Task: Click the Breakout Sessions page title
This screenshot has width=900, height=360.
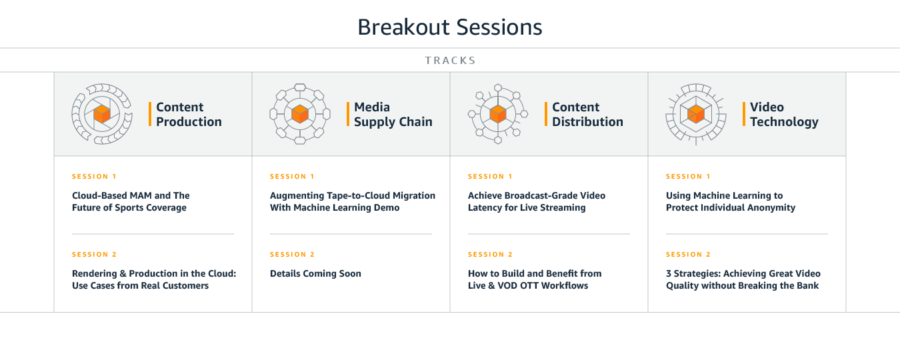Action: (x=450, y=27)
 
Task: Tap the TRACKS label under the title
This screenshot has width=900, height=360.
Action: (x=451, y=60)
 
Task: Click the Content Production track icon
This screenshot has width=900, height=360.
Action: (x=102, y=114)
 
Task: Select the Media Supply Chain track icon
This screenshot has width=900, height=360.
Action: (x=300, y=114)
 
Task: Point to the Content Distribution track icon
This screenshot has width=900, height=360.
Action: (x=498, y=114)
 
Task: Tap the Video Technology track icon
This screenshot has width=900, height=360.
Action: (x=696, y=114)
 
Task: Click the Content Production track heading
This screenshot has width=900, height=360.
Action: (x=189, y=115)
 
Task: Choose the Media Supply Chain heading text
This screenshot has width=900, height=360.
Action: (x=393, y=115)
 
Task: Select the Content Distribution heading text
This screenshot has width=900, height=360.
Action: (x=587, y=115)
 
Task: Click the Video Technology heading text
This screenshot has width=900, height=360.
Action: (x=784, y=115)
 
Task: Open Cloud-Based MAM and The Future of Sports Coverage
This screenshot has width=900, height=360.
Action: (x=131, y=201)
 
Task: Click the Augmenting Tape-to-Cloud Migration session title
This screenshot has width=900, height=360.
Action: (x=353, y=201)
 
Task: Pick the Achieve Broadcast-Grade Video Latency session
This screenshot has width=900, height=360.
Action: (x=537, y=201)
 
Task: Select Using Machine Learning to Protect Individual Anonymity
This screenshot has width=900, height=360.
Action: (x=731, y=201)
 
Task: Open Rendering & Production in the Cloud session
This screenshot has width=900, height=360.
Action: (x=154, y=279)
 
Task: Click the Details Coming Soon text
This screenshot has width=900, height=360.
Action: (x=315, y=273)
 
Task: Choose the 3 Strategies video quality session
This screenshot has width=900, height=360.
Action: (x=743, y=279)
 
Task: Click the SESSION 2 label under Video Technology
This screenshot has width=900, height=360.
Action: (x=688, y=254)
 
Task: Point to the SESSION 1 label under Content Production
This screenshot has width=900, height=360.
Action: (x=94, y=177)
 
